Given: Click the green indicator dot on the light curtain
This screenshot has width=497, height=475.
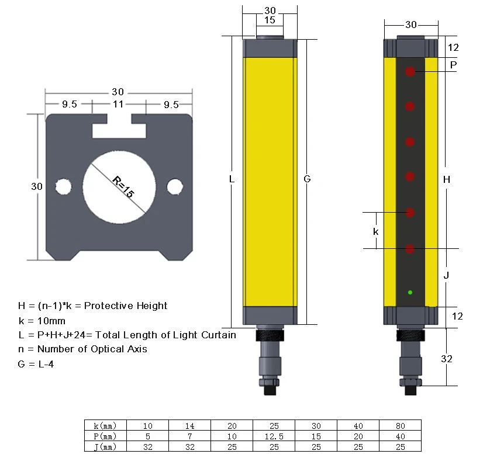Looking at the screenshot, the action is coord(410,292).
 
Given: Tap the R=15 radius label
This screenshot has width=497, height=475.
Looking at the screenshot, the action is coord(123,187).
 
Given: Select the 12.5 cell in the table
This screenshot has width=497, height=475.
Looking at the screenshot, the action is coord(274,436).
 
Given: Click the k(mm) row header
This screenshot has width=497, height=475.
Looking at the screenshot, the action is coord(105,425).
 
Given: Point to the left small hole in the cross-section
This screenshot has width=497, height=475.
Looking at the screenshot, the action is coord(63,186).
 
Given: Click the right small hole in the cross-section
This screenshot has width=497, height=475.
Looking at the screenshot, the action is coord(175,186).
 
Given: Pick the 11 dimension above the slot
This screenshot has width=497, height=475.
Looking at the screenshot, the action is coord(118,104).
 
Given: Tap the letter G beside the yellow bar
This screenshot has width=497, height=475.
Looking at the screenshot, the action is coord(307,179).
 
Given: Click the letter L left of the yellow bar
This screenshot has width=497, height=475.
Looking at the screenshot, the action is coord(232,179).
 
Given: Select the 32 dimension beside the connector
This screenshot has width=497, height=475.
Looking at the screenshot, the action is coord(446,359).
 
